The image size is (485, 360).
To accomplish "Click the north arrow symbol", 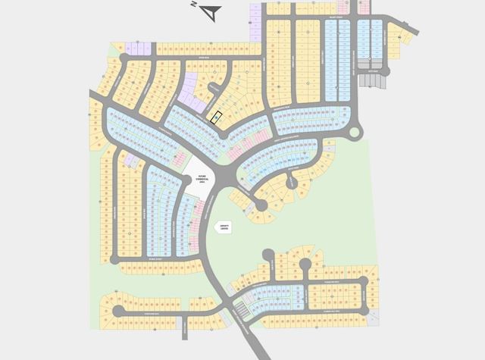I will click(x=212, y=12).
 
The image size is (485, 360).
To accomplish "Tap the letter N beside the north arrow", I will click(x=195, y=5).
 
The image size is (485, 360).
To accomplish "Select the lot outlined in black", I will click(x=216, y=117).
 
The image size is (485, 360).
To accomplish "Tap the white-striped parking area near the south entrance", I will click(x=240, y=309).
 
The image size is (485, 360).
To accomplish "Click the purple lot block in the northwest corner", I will click(x=139, y=49).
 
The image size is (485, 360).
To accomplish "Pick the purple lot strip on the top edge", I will click(x=255, y=23).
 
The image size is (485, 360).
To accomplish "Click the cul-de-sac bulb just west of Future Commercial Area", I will click(x=186, y=180).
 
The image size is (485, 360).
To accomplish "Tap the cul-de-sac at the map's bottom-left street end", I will click(x=117, y=311).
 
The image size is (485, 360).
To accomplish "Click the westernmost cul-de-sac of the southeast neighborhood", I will click(x=267, y=255).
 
